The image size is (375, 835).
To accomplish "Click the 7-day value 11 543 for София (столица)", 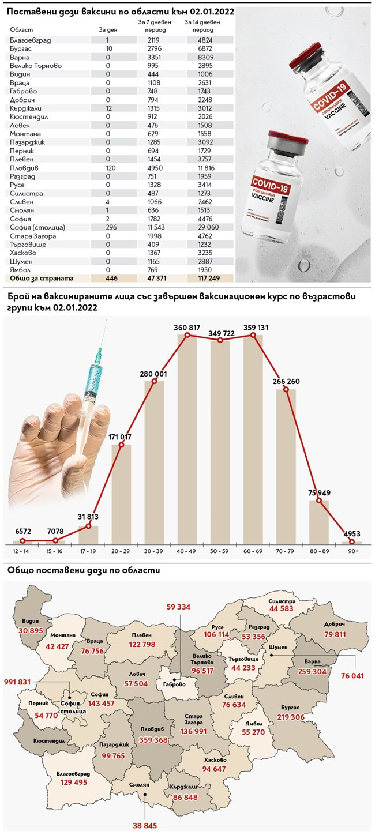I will pos(149,228).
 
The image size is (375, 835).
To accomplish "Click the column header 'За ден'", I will pos(107,28).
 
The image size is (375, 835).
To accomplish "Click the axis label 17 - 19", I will pos(88,551).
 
